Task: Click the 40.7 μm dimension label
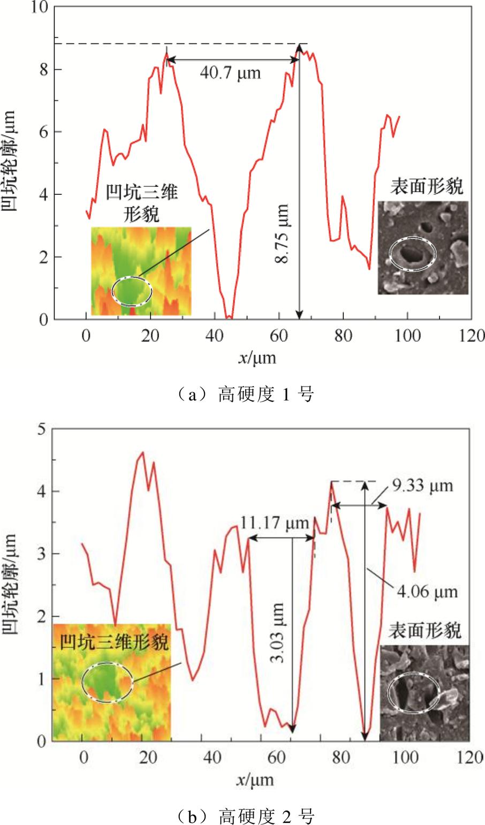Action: point(230,73)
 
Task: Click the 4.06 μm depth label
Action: point(427,592)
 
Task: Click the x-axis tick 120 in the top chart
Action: point(471,336)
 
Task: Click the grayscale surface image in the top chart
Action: point(422,247)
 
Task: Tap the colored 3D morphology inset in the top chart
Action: point(141,271)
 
